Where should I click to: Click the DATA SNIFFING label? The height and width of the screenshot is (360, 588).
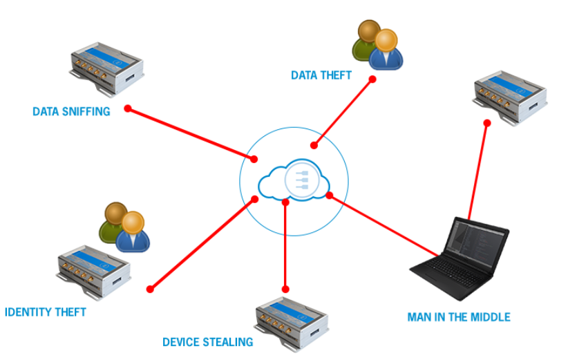pyautogui.click(x=71, y=111)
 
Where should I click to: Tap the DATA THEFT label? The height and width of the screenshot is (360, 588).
pyautogui.click(x=321, y=75)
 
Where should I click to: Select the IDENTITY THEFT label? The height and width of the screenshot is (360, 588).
pyautogui.click(x=45, y=312)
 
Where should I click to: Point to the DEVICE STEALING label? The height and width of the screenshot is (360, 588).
pyautogui.click(x=208, y=342)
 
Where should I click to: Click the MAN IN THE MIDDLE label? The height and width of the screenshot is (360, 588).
pyautogui.click(x=459, y=317)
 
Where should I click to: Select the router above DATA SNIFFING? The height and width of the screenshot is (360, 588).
pyautogui.click(x=106, y=69)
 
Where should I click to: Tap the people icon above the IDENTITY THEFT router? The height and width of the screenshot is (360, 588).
pyautogui.click(x=124, y=226)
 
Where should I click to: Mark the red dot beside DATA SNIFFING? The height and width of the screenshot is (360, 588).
pyautogui.click(x=127, y=108)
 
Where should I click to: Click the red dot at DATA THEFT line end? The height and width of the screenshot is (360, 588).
pyautogui.click(x=372, y=79)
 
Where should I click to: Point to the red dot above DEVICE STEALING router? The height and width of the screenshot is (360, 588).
pyautogui.click(x=285, y=289)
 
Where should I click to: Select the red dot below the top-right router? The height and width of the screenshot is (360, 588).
pyautogui.click(x=487, y=123)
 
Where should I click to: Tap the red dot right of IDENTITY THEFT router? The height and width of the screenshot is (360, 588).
pyautogui.click(x=149, y=290)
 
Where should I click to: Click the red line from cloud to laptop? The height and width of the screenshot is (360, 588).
pyautogui.click(x=383, y=225)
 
